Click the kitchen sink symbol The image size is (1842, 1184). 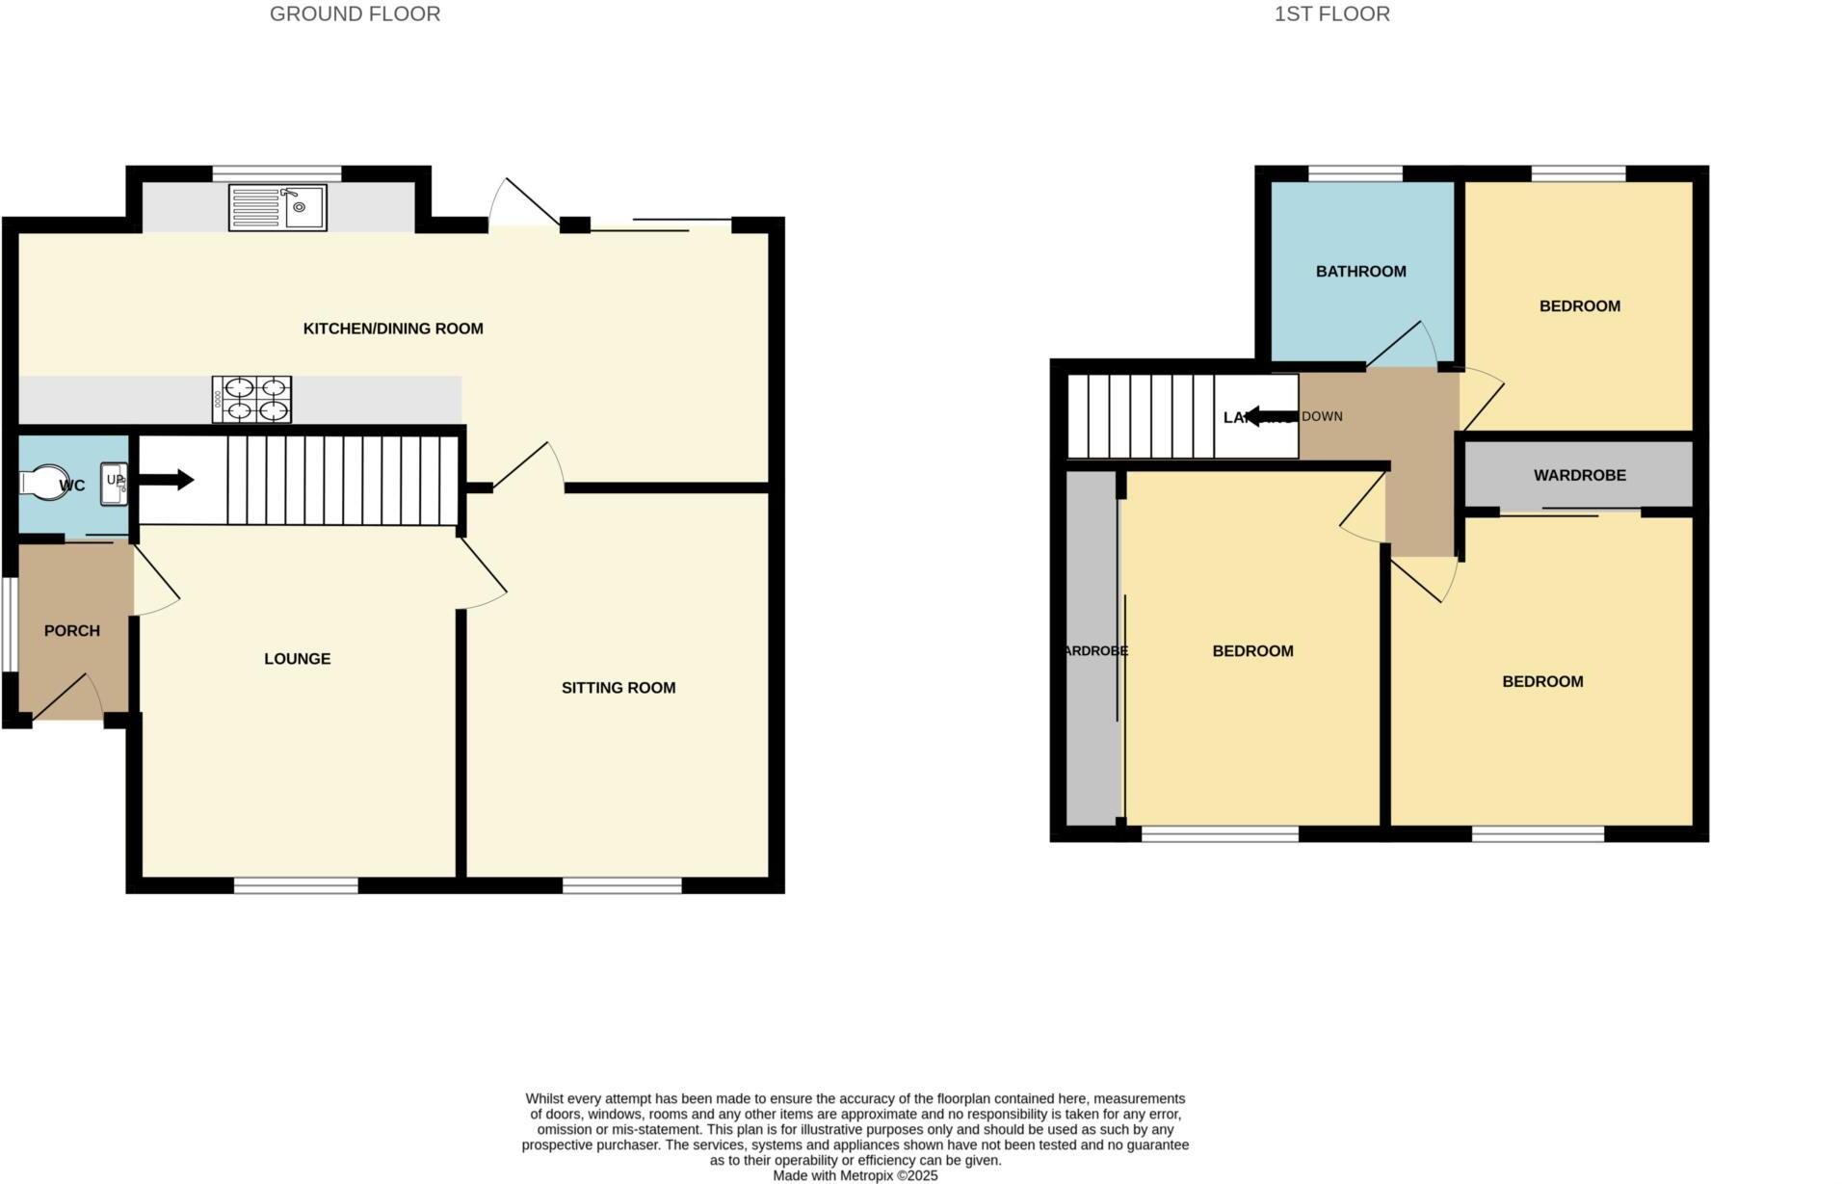(277, 208)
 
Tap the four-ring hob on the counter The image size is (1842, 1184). (251, 399)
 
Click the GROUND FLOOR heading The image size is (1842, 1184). (355, 14)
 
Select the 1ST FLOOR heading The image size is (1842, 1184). (1331, 14)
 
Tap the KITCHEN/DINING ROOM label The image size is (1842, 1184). (393, 329)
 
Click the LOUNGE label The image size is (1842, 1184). (297, 659)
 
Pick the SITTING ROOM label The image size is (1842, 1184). (618, 688)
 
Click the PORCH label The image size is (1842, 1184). (72, 631)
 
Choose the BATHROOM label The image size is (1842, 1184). (1360, 272)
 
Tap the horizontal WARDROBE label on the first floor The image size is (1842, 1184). (1579, 476)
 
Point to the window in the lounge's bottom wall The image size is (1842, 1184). (296, 885)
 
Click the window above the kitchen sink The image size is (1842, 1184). (276, 173)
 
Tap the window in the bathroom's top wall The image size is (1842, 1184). (1355, 173)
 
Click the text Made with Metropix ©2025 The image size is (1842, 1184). (855, 1175)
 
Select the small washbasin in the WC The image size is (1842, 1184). (114, 482)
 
